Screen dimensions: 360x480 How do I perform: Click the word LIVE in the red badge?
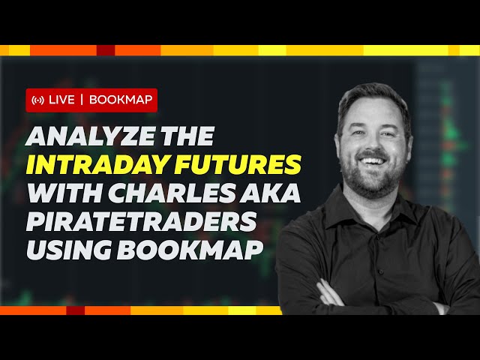61,100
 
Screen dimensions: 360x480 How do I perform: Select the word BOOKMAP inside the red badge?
120,100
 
